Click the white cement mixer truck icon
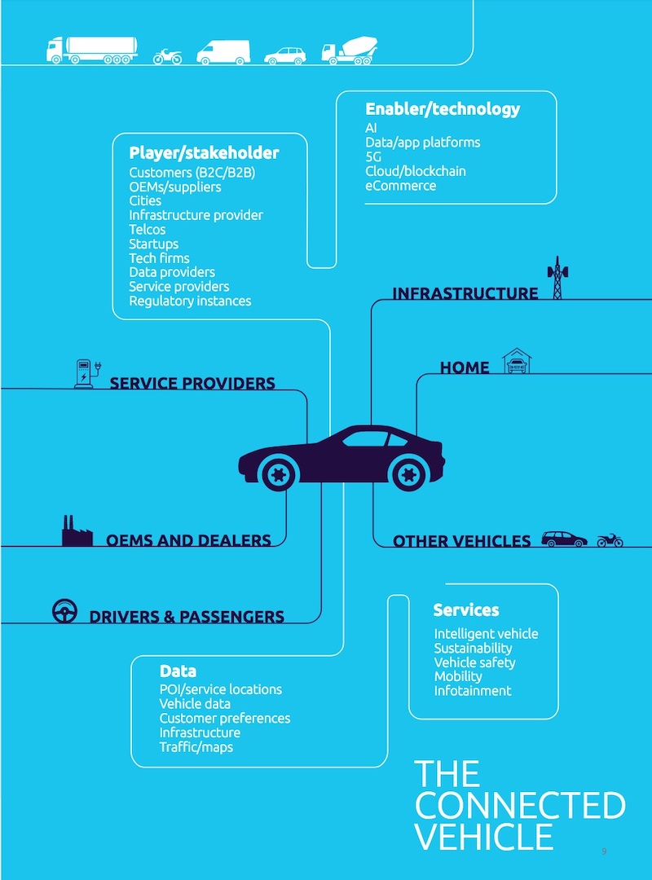point(350,51)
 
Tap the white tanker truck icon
point(92,51)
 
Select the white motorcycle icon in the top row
point(167,56)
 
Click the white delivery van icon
point(223,52)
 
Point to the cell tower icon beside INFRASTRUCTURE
point(557,278)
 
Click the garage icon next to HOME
point(517,361)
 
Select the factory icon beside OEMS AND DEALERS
point(77,531)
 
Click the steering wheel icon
point(64,611)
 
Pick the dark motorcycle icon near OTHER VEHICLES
point(610,540)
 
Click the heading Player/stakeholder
point(204,152)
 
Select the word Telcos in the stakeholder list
point(148,230)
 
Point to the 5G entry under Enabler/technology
point(373,156)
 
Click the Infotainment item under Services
point(473,691)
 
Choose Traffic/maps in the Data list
point(196,747)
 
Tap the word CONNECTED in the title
point(520,805)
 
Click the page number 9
point(604,851)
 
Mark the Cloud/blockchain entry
point(416,171)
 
